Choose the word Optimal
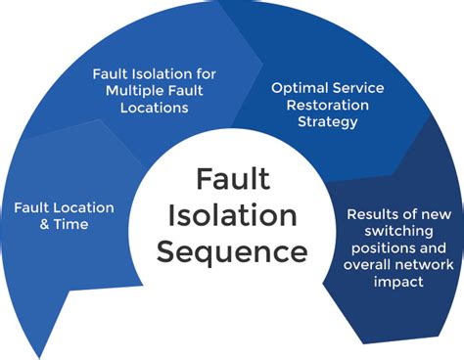[299, 87]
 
